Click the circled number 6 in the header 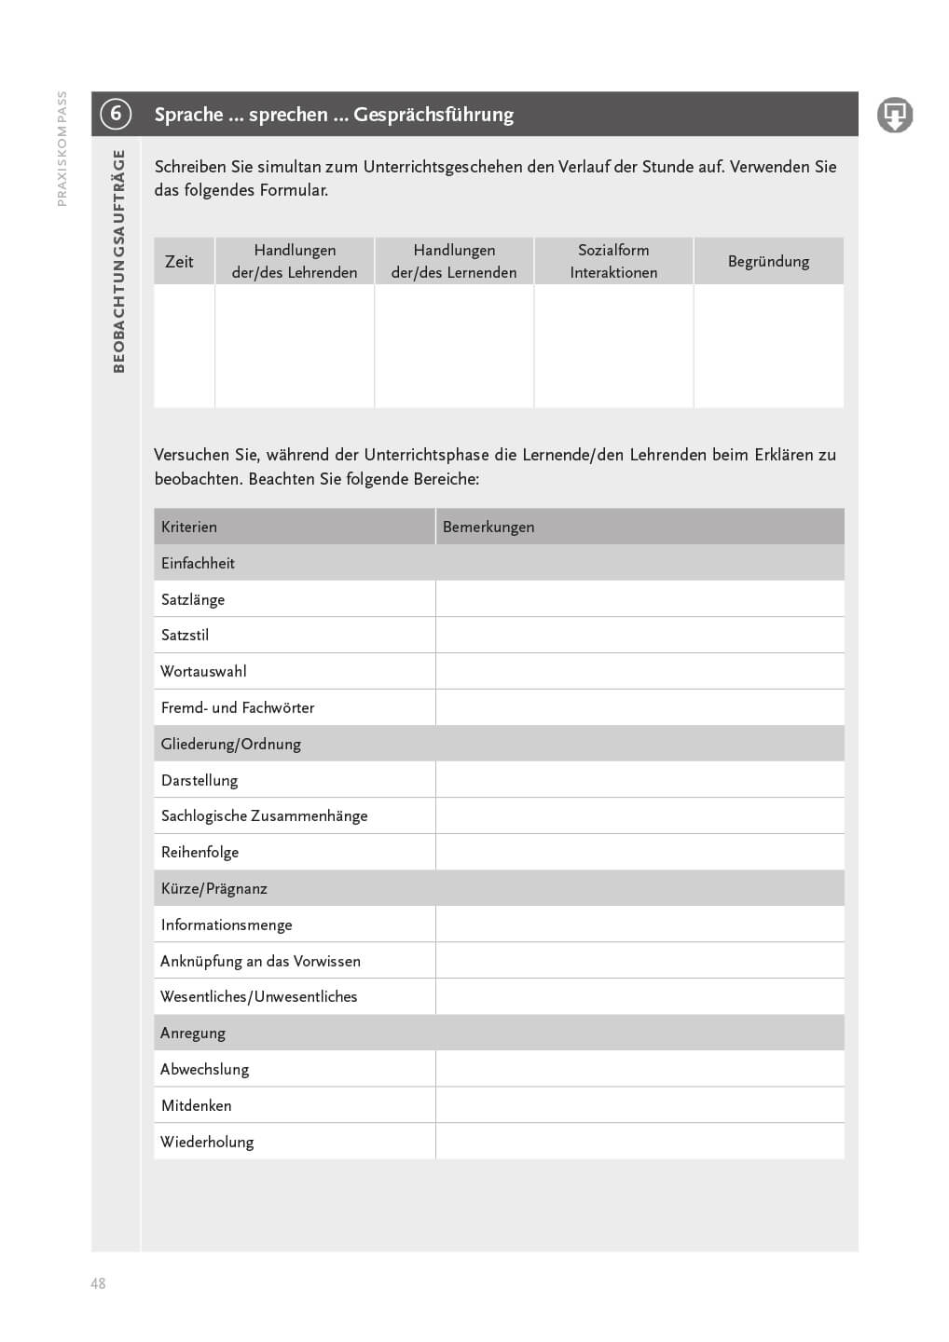116,115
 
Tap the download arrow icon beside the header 894,115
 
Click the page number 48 98,1283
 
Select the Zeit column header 179,262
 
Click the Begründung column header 768,262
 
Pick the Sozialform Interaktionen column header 613,261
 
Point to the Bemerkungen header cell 488,527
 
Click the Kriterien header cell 189,527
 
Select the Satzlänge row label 193,599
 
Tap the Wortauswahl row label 203,671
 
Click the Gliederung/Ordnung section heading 231,744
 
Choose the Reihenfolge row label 199,852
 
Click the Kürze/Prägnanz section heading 214,888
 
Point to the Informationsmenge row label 227,924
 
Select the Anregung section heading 193,1033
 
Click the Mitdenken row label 196,1105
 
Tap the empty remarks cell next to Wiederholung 640,1142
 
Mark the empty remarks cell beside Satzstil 640,635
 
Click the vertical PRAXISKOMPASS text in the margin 62,148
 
